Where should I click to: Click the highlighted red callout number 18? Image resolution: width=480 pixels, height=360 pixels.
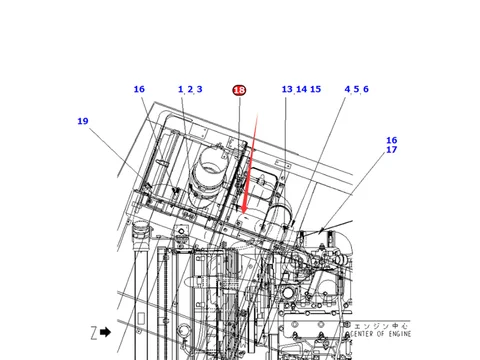coord(239,90)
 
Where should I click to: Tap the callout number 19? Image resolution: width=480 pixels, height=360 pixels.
coord(82,121)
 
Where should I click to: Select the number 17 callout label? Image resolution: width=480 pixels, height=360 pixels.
coord(392,150)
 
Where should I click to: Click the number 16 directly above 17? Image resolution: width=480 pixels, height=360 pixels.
coord(392,140)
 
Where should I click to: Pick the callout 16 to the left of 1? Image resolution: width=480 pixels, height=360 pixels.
coord(139,90)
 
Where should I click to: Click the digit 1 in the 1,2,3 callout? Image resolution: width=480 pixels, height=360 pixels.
coord(181,90)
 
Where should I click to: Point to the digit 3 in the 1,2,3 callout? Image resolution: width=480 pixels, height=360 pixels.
coord(199,90)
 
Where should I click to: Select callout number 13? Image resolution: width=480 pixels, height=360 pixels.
coord(287,90)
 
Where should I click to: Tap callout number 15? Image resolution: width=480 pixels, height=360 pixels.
coord(315,90)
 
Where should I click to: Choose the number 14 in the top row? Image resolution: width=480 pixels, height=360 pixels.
coord(301,90)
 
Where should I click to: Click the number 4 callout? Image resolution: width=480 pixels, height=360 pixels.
coord(347,90)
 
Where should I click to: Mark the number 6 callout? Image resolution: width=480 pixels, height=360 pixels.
coord(366,90)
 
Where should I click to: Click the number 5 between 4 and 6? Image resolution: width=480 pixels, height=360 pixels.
coord(357,90)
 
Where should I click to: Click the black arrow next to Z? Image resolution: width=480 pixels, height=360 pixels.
coord(105,331)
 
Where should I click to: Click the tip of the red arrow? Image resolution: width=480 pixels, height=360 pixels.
coord(240,215)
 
